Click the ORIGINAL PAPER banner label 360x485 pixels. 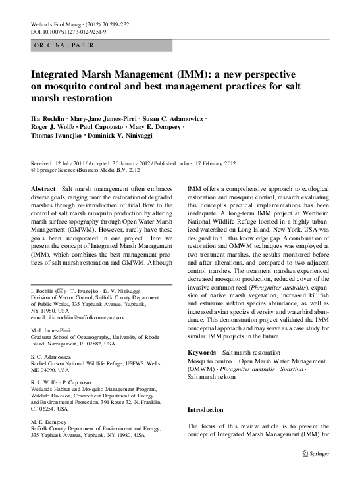click(63, 45)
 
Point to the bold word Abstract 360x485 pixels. click(43, 188)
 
